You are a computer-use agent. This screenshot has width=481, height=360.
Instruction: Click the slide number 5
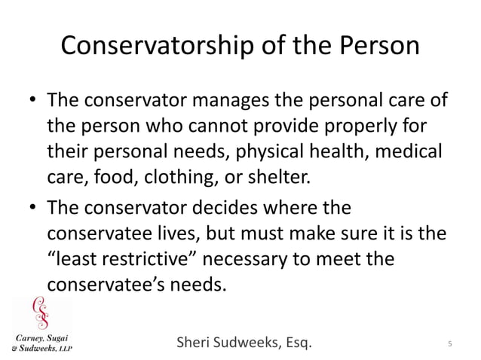449,345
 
